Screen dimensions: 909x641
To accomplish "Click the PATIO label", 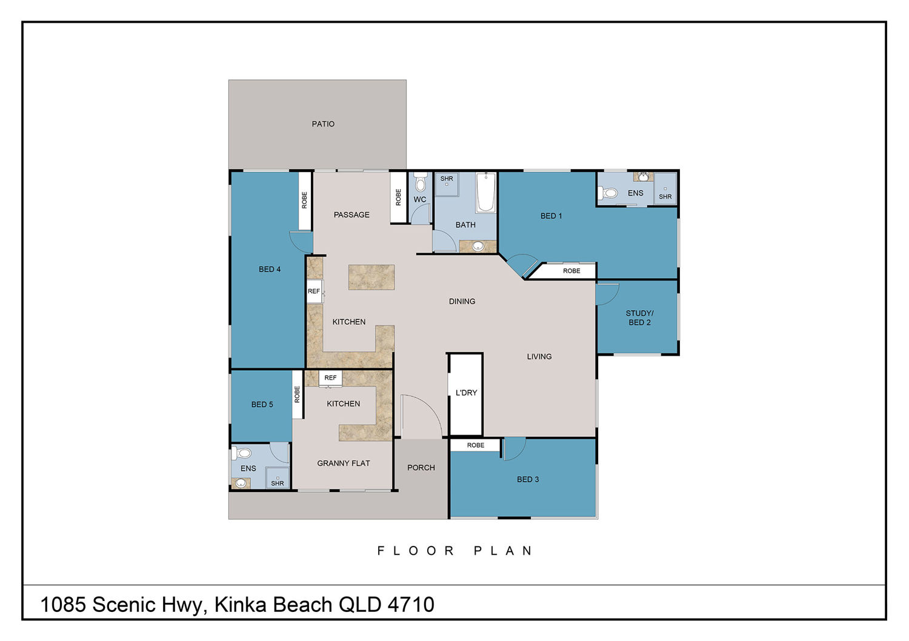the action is coord(323,124).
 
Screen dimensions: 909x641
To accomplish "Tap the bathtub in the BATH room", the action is coord(486,193).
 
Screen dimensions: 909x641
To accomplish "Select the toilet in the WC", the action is coord(421,182).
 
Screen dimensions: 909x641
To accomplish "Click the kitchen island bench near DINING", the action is coord(371,277).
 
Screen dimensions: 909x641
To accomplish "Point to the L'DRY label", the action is coord(466,393).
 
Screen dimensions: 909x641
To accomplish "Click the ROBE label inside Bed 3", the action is coord(476,445).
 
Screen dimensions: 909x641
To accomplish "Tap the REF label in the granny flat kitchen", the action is coord(330,377).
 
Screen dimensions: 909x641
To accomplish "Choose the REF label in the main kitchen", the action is coord(314,291).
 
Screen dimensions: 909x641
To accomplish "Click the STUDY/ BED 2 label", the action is coord(639,317).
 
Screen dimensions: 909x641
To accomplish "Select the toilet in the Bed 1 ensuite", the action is coord(607,193).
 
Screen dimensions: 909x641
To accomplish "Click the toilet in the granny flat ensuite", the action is coord(241,453).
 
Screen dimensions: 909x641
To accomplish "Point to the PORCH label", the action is coord(421,467).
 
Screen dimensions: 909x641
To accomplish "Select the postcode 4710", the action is coord(411,604).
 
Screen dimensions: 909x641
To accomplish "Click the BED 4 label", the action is coord(270,269).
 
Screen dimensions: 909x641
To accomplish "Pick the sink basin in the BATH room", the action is coord(478,246).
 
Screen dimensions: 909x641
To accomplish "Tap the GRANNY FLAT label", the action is coord(344,463).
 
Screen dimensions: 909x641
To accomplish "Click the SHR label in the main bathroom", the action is coord(447,179).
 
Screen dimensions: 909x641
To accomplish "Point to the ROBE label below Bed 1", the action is coord(571,271).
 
